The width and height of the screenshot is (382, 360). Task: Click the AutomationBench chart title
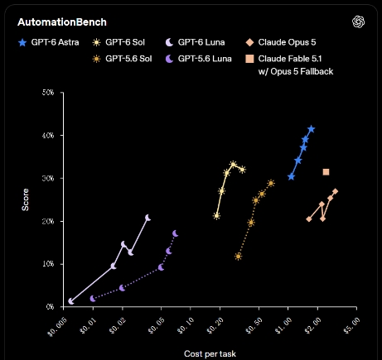click(x=62, y=22)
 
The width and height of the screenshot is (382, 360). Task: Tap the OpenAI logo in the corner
click(x=358, y=22)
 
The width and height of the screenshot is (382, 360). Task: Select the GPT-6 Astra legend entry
click(x=49, y=42)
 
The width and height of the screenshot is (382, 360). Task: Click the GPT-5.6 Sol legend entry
click(x=123, y=59)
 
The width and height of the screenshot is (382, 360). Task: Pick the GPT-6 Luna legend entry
click(x=195, y=42)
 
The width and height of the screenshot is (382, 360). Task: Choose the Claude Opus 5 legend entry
click(x=281, y=42)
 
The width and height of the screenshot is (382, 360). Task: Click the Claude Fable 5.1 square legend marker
click(x=249, y=59)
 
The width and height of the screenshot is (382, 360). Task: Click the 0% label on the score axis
click(x=50, y=307)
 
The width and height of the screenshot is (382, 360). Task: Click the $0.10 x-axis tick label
click(x=185, y=325)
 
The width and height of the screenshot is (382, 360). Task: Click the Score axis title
click(x=25, y=199)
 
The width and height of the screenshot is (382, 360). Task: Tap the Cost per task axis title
click(x=210, y=353)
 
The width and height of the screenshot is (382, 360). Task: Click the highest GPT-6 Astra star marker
click(x=312, y=129)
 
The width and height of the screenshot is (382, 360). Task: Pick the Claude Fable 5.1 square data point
click(x=326, y=172)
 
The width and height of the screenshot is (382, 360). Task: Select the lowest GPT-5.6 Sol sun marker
click(x=239, y=257)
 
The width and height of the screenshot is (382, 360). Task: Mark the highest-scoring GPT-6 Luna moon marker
click(x=147, y=218)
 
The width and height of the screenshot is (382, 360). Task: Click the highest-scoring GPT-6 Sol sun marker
click(x=234, y=165)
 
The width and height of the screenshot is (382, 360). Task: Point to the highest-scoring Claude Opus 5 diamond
click(x=336, y=191)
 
